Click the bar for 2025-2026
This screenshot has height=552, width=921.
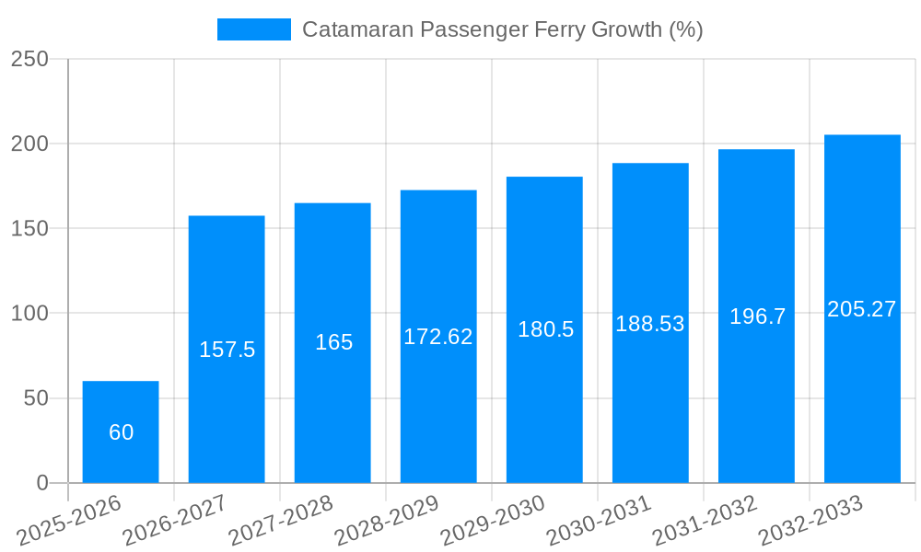click(x=121, y=431)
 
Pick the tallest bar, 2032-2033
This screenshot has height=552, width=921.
click(x=862, y=309)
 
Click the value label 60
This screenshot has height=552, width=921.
click(x=121, y=432)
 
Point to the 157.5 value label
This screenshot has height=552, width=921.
click(x=227, y=350)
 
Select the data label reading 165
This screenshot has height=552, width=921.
click(x=333, y=342)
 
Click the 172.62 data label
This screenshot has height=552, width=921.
click(x=438, y=337)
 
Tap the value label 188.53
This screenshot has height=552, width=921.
click(x=650, y=324)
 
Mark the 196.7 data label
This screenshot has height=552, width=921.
click(x=757, y=316)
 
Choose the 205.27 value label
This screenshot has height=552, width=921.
click(x=862, y=309)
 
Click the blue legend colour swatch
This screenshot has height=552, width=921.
click(x=253, y=29)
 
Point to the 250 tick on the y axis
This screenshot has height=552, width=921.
click(x=29, y=59)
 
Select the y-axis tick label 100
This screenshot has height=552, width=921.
click(x=29, y=314)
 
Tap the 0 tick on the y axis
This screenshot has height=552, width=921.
click(x=41, y=483)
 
